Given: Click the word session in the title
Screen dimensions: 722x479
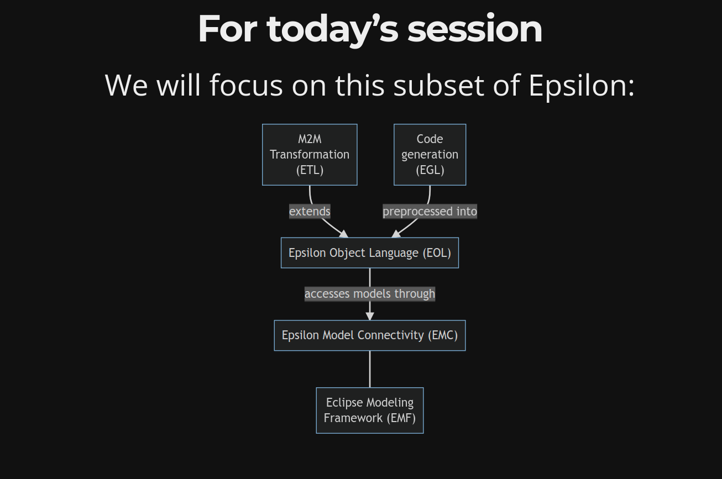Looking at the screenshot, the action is point(475,29).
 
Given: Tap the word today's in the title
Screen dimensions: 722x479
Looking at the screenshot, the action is point(332,30).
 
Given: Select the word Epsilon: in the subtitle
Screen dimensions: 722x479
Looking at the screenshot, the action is point(582,86).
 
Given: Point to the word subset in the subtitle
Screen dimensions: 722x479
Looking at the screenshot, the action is point(439,85).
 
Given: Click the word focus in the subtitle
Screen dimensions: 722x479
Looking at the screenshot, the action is point(246,85).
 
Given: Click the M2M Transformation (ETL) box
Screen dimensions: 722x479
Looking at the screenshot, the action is point(310,155).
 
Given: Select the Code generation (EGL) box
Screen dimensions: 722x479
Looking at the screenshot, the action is point(430,155).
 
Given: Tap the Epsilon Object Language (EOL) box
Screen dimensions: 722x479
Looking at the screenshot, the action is point(370,253).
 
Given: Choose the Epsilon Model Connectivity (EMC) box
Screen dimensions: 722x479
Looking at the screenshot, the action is point(370,335).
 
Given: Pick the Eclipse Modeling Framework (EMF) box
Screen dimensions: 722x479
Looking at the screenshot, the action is point(370,410).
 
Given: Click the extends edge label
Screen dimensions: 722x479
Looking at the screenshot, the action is point(310,211).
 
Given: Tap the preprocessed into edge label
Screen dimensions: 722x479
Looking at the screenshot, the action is point(430,211).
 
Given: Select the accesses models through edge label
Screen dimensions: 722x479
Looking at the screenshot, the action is point(370,294).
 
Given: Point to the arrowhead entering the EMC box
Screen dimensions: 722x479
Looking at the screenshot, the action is point(370,315).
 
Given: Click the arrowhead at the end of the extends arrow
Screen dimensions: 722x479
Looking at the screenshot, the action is point(344,234).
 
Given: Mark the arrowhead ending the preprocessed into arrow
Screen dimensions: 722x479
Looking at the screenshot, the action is point(396,234).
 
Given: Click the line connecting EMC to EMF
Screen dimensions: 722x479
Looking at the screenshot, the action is point(370,369).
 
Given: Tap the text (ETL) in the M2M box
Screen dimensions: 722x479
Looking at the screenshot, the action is point(310,170).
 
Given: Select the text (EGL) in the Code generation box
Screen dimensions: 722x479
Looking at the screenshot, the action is point(430,170).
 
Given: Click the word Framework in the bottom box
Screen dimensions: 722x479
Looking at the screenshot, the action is point(353,418).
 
